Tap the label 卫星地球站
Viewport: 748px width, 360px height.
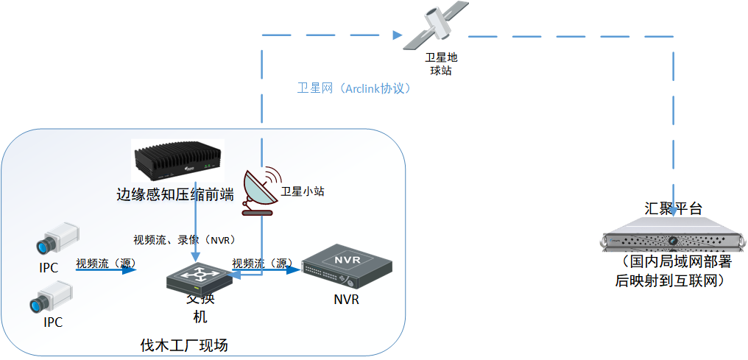coord(441,63)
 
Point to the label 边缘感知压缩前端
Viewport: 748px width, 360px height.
coord(175,194)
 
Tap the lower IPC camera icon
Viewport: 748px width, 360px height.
coord(51,297)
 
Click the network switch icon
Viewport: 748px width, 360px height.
coord(194,277)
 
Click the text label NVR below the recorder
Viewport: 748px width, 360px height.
coord(346,300)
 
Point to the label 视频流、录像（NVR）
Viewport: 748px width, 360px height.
coord(184,240)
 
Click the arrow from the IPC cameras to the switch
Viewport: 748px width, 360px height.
coord(107,270)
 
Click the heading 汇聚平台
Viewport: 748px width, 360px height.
coord(674,209)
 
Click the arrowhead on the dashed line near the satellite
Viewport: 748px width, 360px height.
coord(398,35)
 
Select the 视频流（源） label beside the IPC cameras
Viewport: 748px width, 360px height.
coord(106,262)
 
